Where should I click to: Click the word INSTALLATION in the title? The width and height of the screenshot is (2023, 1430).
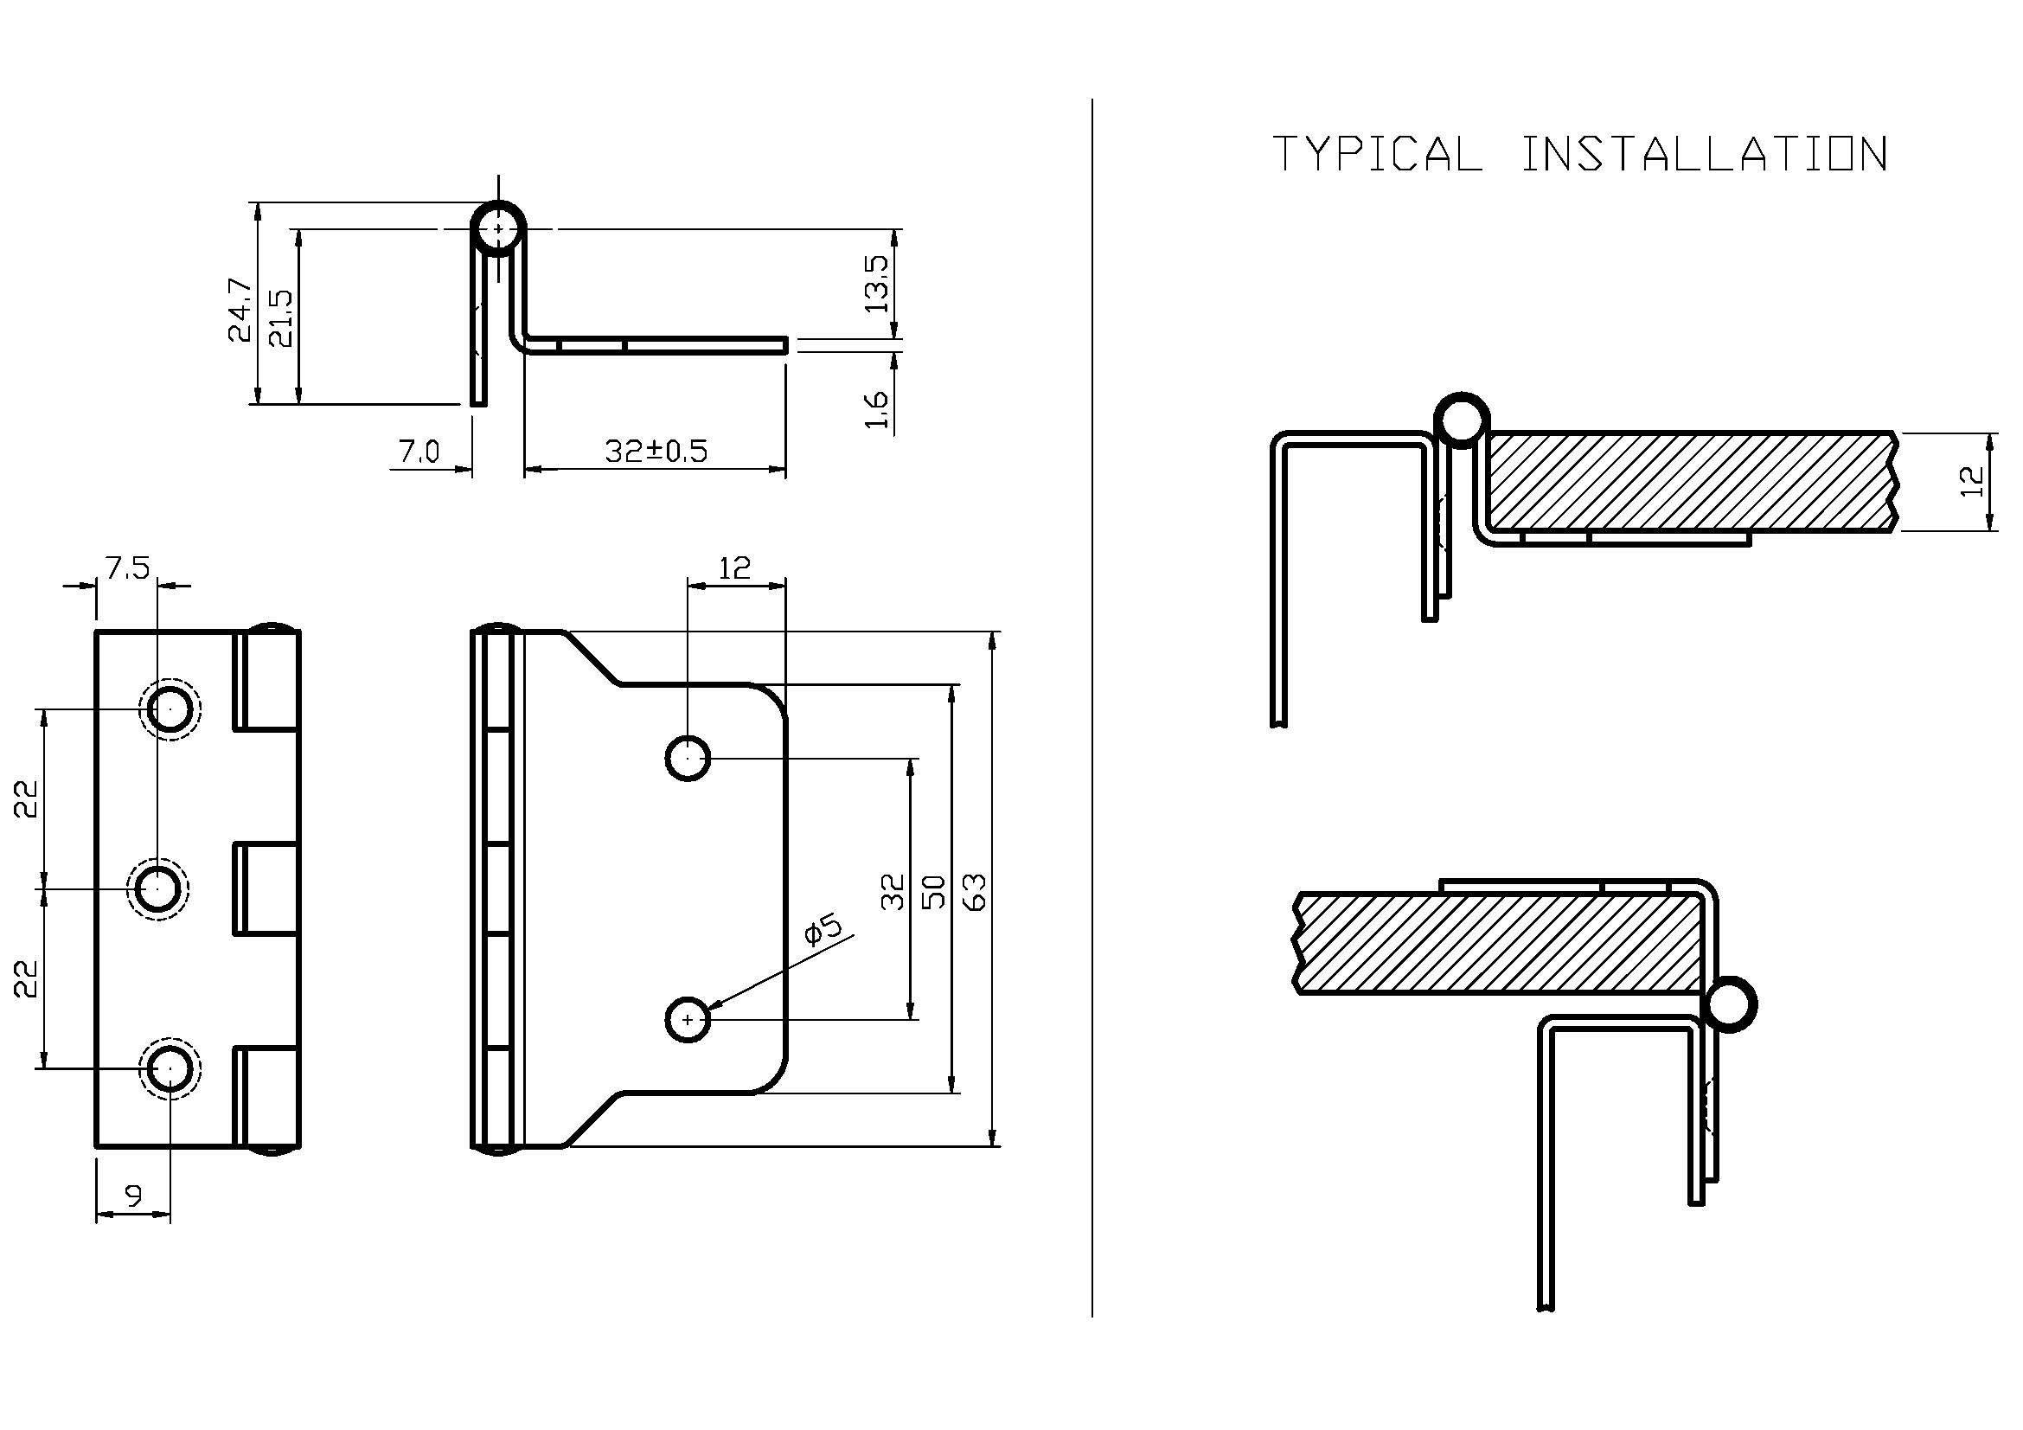click(x=1705, y=154)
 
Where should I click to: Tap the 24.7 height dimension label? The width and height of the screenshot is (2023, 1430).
click(x=240, y=311)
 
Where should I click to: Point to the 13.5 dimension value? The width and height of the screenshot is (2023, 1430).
click(x=878, y=284)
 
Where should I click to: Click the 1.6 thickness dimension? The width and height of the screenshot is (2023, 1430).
click(x=878, y=410)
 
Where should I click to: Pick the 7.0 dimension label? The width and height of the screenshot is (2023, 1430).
click(x=419, y=452)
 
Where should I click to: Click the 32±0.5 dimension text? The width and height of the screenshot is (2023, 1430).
click(x=656, y=451)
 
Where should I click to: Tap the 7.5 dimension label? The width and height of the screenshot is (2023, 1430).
click(x=128, y=569)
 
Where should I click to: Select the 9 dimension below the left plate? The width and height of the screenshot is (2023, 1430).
click(x=133, y=1196)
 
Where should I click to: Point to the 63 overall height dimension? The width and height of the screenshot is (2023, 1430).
click(x=976, y=891)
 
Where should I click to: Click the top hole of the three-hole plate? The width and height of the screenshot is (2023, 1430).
click(x=170, y=709)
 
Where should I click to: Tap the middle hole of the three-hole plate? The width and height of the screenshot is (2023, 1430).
click(x=157, y=888)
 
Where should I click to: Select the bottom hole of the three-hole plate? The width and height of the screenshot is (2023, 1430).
click(x=170, y=1068)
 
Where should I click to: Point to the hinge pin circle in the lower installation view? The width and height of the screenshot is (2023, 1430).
click(x=1729, y=1005)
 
